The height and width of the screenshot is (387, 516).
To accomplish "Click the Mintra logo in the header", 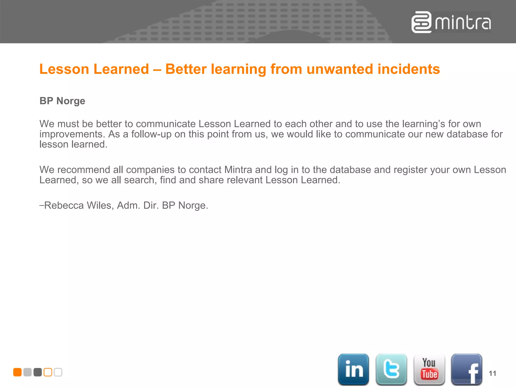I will [x=451, y=22].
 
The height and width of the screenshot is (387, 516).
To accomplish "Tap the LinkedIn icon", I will [x=353, y=369].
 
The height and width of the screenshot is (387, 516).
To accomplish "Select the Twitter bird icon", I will [x=391, y=369].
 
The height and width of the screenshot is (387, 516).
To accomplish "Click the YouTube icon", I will [x=429, y=369].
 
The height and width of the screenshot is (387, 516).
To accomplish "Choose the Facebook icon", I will [x=467, y=369].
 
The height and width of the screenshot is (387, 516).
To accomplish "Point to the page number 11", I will [x=492, y=373].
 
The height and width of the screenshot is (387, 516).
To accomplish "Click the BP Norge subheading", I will [x=62, y=101].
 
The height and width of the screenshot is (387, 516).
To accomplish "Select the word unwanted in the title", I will [x=339, y=69].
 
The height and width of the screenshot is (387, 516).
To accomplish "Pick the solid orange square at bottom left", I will [x=17, y=372].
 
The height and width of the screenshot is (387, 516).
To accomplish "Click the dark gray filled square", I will [x=38, y=372].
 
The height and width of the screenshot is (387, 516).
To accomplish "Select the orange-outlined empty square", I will [x=48, y=372].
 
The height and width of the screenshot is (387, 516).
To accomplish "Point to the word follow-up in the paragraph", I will [x=151, y=134].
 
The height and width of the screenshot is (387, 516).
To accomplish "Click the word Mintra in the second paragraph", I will [x=238, y=170].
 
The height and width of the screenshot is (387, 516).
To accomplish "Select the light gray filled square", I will [x=27, y=372].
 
